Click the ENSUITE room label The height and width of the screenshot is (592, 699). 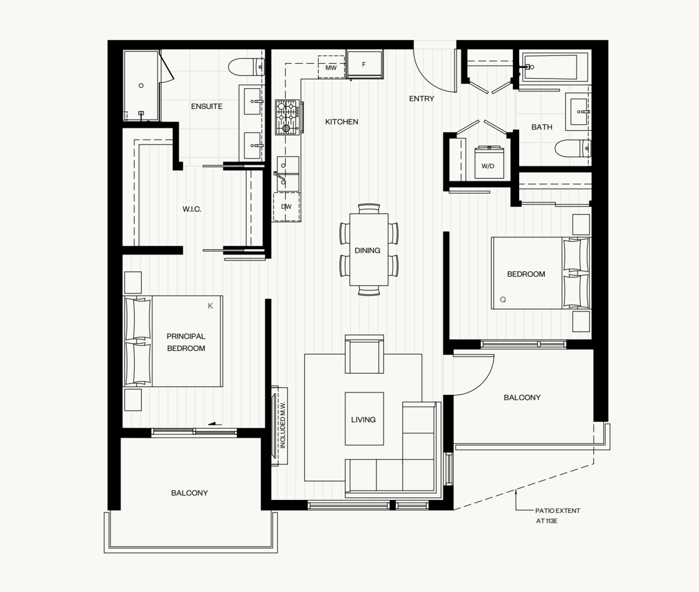coord(207,106)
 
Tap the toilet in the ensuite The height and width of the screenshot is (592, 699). coord(246,67)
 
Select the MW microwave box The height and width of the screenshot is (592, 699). coord(331,67)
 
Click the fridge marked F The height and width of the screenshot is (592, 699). coord(365,64)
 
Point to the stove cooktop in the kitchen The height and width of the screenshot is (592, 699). coord(287,117)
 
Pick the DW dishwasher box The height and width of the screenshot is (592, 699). coord(286,207)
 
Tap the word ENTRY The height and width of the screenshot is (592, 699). coord(421,99)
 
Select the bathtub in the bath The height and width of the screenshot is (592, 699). coord(555,67)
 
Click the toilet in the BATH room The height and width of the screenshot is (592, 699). coord(573,148)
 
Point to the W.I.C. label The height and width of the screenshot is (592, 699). coord(192,209)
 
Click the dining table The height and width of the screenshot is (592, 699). coord(369,250)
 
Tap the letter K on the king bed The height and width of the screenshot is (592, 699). coord(210,306)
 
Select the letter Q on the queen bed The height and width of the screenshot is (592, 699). coord(503,300)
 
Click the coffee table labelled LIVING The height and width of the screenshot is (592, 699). coord(364,418)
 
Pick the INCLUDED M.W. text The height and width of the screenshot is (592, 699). coord(283,425)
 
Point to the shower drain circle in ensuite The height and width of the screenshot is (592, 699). coord(141,85)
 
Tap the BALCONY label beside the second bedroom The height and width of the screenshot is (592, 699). coord(522,398)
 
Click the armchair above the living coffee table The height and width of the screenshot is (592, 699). coord(364,354)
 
